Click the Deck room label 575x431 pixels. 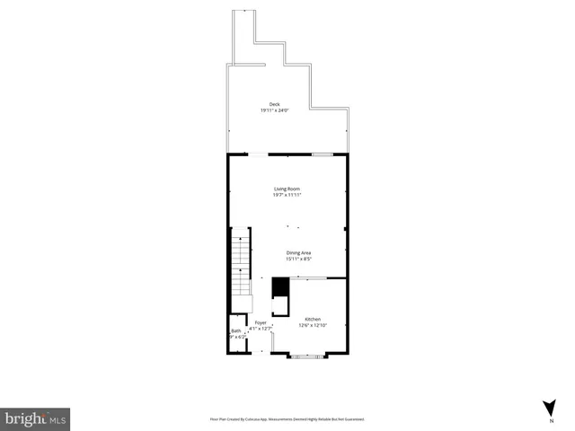[274, 104]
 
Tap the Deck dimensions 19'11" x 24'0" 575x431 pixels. [274, 110]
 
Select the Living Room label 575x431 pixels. [287, 188]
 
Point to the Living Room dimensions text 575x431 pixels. [287, 194]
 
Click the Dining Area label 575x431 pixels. [299, 252]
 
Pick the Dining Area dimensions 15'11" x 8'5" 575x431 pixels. [299, 259]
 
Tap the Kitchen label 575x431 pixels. [312, 319]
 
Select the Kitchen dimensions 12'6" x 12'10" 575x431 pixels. [312, 325]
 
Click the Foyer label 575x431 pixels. [261, 321]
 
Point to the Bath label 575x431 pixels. [235, 331]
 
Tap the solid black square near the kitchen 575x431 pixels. [279, 287]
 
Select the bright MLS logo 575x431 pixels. [35, 418]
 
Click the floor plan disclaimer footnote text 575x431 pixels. [287, 418]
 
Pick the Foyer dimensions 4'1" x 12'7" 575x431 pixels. [261, 328]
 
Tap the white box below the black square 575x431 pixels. [280, 305]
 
